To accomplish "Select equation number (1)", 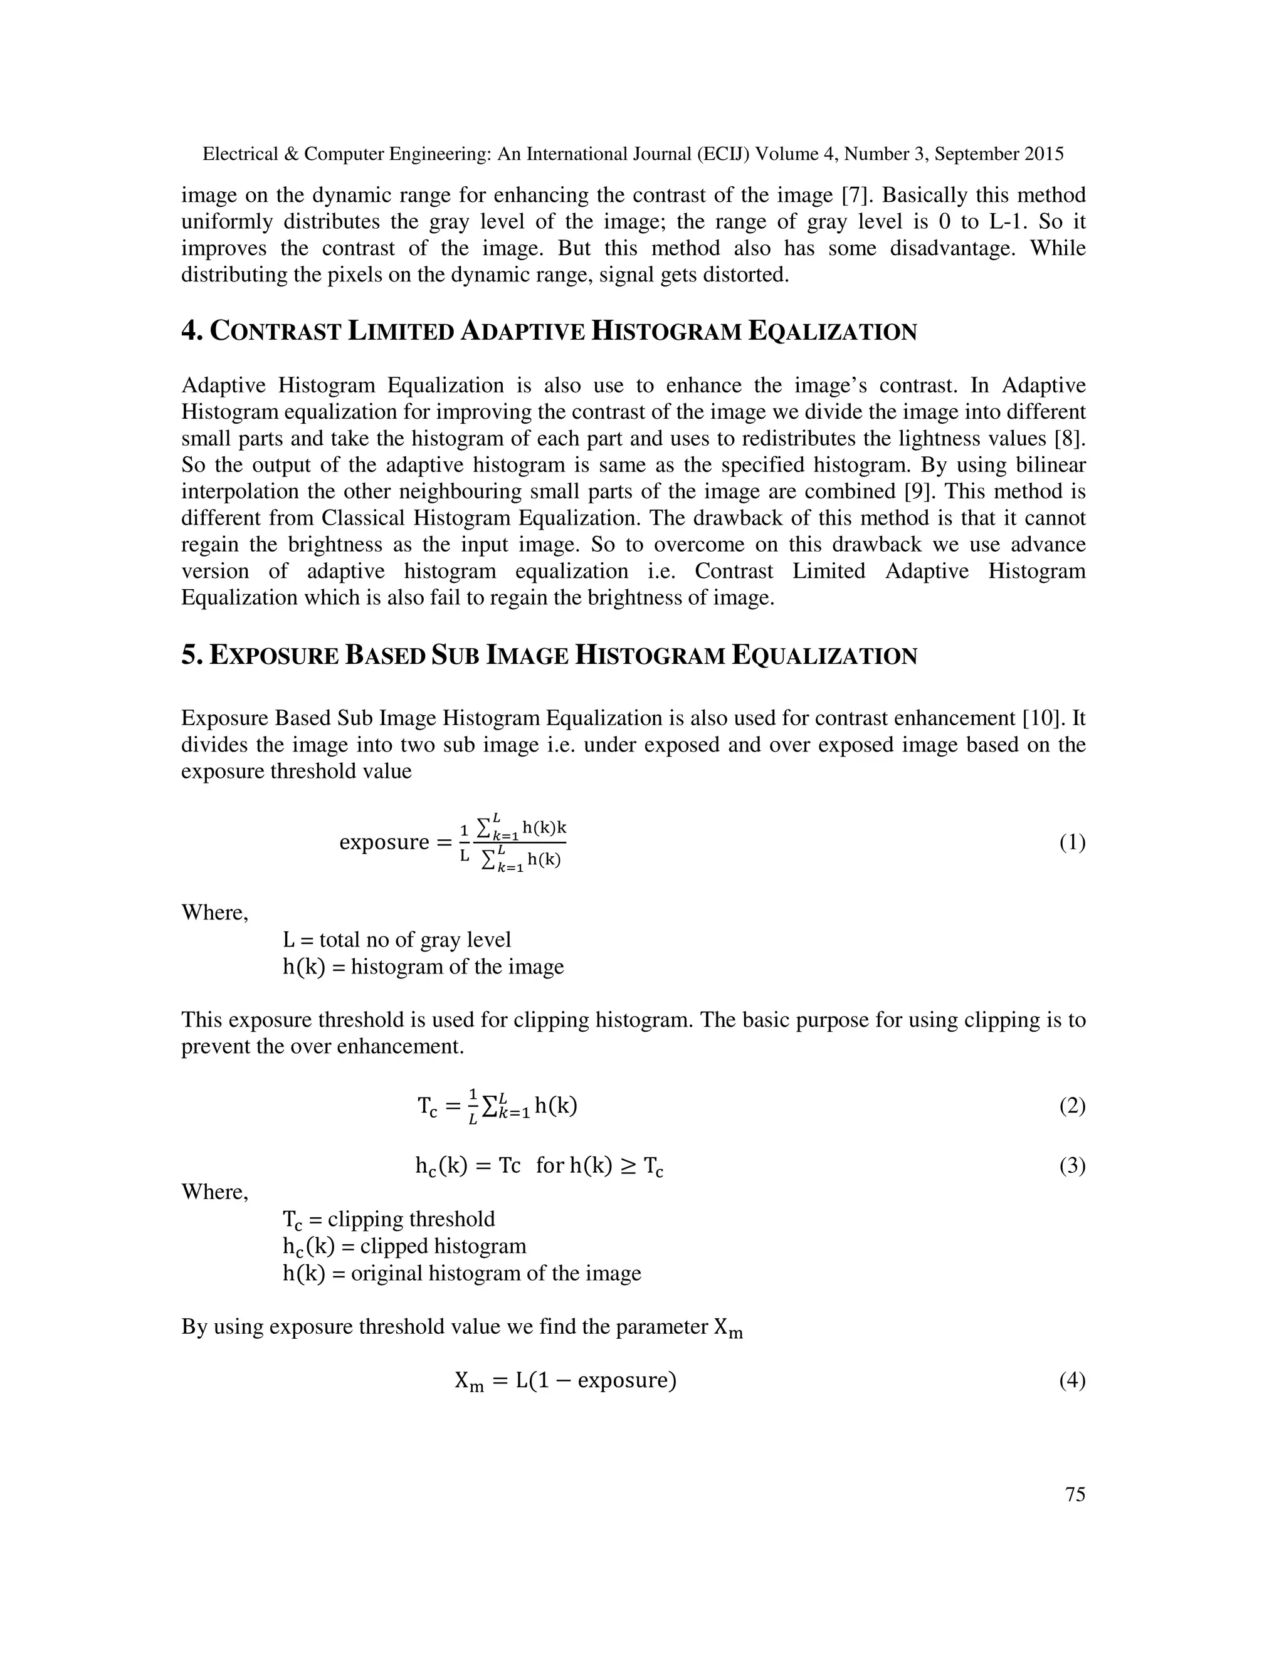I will pyautogui.click(x=1071, y=842).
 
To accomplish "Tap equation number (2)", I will pyautogui.click(x=1071, y=1105).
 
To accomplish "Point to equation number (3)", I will pyautogui.click(x=1071, y=1165).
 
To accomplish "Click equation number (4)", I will pyautogui.click(x=1071, y=1380).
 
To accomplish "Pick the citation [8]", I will pyautogui.click(x=1070, y=439).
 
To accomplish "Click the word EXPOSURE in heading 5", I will pyautogui.click(x=274, y=656).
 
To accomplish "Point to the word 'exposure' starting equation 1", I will pyautogui.click(x=384, y=842).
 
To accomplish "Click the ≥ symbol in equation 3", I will pyautogui.click(x=628, y=1165).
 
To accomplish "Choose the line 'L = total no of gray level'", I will pyautogui.click(x=396, y=940).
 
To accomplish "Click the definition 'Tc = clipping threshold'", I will pyautogui.click(x=389, y=1219).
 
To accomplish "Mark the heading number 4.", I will pyautogui.click(x=190, y=332).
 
